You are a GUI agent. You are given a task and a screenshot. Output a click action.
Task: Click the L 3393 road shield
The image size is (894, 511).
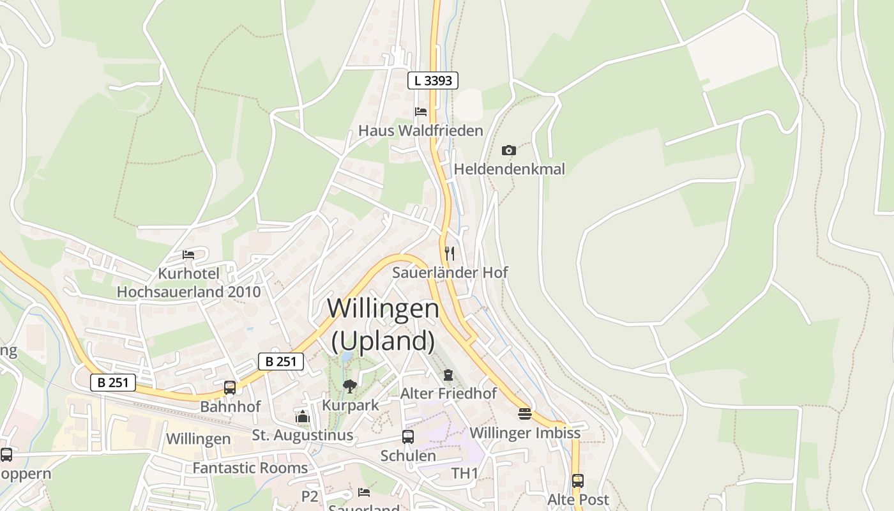(x=433, y=80)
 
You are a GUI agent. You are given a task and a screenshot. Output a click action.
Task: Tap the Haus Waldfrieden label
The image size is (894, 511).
(x=420, y=130)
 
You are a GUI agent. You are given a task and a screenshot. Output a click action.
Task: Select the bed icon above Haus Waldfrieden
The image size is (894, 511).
(x=421, y=112)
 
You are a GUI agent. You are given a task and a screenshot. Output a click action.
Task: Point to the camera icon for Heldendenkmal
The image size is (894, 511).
(x=509, y=151)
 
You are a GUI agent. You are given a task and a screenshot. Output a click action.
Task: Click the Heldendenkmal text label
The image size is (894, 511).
(x=509, y=169)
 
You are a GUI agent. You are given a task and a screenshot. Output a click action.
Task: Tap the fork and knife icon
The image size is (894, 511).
(x=450, y=254)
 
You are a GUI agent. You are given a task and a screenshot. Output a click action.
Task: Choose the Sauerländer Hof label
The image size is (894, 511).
(x=450, y=272)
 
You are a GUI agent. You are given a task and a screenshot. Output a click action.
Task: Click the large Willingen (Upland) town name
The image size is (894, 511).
(x=383, y=324)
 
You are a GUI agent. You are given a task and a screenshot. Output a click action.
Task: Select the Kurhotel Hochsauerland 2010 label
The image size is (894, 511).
(x=188, y=283)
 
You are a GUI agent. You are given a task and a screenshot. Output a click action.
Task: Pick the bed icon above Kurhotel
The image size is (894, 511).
(x=188, y=254)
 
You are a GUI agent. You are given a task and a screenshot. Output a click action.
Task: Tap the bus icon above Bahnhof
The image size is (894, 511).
(x=230, y=388)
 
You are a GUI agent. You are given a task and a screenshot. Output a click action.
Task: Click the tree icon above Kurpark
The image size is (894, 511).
(x=349, y=386)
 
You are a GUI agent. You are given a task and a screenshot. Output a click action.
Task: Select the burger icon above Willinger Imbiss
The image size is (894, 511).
(x=525, y=414)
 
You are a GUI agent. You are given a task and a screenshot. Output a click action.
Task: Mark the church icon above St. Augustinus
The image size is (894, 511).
(x=303, y=417)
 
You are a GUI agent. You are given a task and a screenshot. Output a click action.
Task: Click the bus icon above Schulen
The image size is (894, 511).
(x=408, y=437)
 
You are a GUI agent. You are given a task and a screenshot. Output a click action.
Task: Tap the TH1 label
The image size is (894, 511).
(x=465, y=473)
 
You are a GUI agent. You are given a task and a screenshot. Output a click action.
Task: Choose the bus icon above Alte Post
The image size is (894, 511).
(x=578, y=481)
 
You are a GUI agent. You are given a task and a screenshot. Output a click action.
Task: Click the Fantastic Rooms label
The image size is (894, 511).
(x=250, y=468)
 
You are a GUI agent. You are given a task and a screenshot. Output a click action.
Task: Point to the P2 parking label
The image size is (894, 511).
(x=310, y=496)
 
